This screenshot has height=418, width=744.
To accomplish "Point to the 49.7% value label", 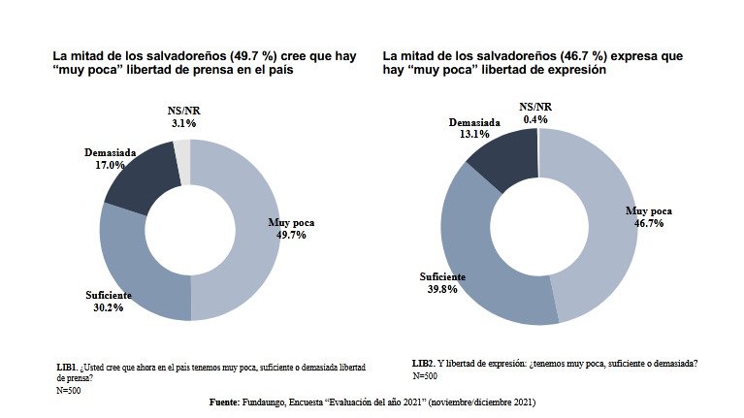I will (291, 235).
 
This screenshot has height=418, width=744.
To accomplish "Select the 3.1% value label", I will (183, 123).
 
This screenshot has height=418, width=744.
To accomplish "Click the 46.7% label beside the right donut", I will (648, 223).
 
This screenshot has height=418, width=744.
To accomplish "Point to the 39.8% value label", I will (442, 289).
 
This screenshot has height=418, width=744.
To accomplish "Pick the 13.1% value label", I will (474, 135).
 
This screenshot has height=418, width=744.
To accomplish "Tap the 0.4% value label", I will (535, 119).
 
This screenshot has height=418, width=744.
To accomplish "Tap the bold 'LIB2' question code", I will (424, 364).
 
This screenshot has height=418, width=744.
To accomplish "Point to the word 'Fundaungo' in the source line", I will (270, 402).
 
